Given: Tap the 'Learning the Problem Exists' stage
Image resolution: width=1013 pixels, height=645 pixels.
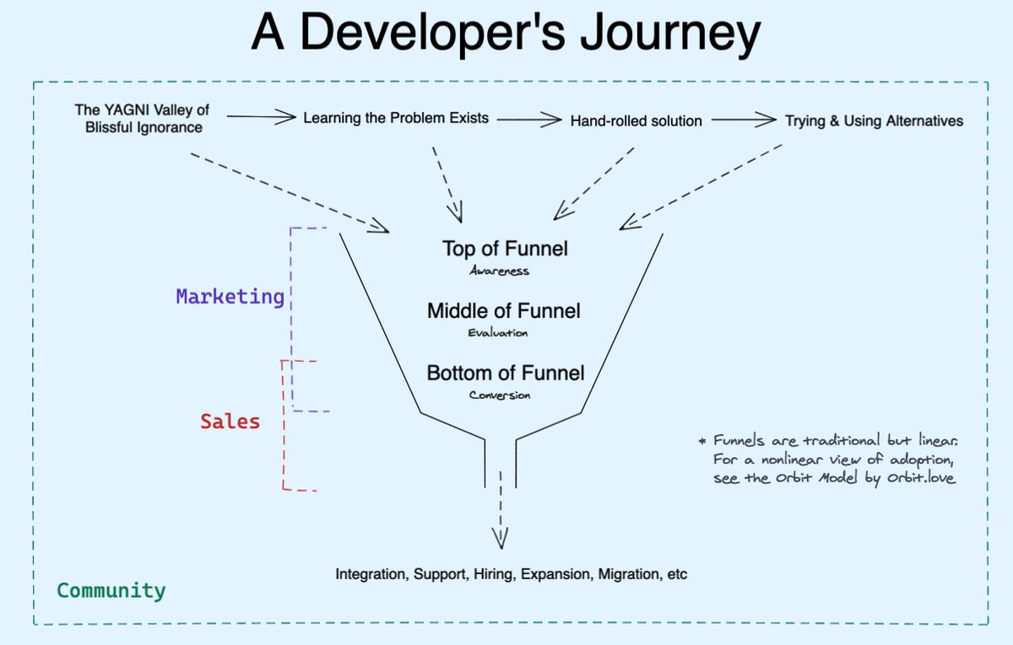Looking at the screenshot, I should pos(396,118).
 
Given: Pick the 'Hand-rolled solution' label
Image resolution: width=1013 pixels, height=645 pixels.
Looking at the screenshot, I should pos(636,121).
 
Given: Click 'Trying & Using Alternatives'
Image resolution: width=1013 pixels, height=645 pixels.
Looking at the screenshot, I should pos(874,121).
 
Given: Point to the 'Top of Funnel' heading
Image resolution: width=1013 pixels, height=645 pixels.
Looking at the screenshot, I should pos(505,249).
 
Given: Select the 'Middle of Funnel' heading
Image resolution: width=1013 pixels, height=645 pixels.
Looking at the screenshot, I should pos(504,311).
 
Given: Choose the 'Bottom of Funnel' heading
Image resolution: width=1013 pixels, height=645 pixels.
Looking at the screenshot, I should pos(505,373).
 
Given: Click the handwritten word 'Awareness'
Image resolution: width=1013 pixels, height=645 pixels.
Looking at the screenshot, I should pos(499,271).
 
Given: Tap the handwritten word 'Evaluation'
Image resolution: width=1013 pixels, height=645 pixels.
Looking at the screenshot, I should pos(498,333).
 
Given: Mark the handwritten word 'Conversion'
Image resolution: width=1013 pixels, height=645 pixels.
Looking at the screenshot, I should pos(501,395).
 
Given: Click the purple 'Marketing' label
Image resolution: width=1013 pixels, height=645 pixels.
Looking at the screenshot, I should pos(230,297).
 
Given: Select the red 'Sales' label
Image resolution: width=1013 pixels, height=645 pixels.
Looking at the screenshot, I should pos(230,421).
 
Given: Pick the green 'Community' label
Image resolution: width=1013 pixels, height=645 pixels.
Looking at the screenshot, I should pos(111,590).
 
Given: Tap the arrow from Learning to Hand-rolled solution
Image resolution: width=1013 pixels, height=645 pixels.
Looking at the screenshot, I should pos(529,120).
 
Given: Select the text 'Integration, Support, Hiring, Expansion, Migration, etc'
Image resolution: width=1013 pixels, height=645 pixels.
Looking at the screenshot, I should pos(512,575).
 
